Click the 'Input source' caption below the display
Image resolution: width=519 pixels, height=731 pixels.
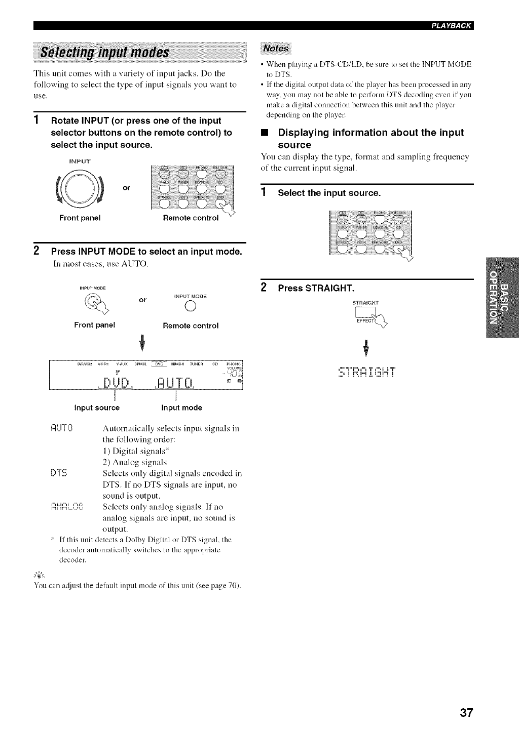point(97,408)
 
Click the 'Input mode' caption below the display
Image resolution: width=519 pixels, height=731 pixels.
point(181,408)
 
